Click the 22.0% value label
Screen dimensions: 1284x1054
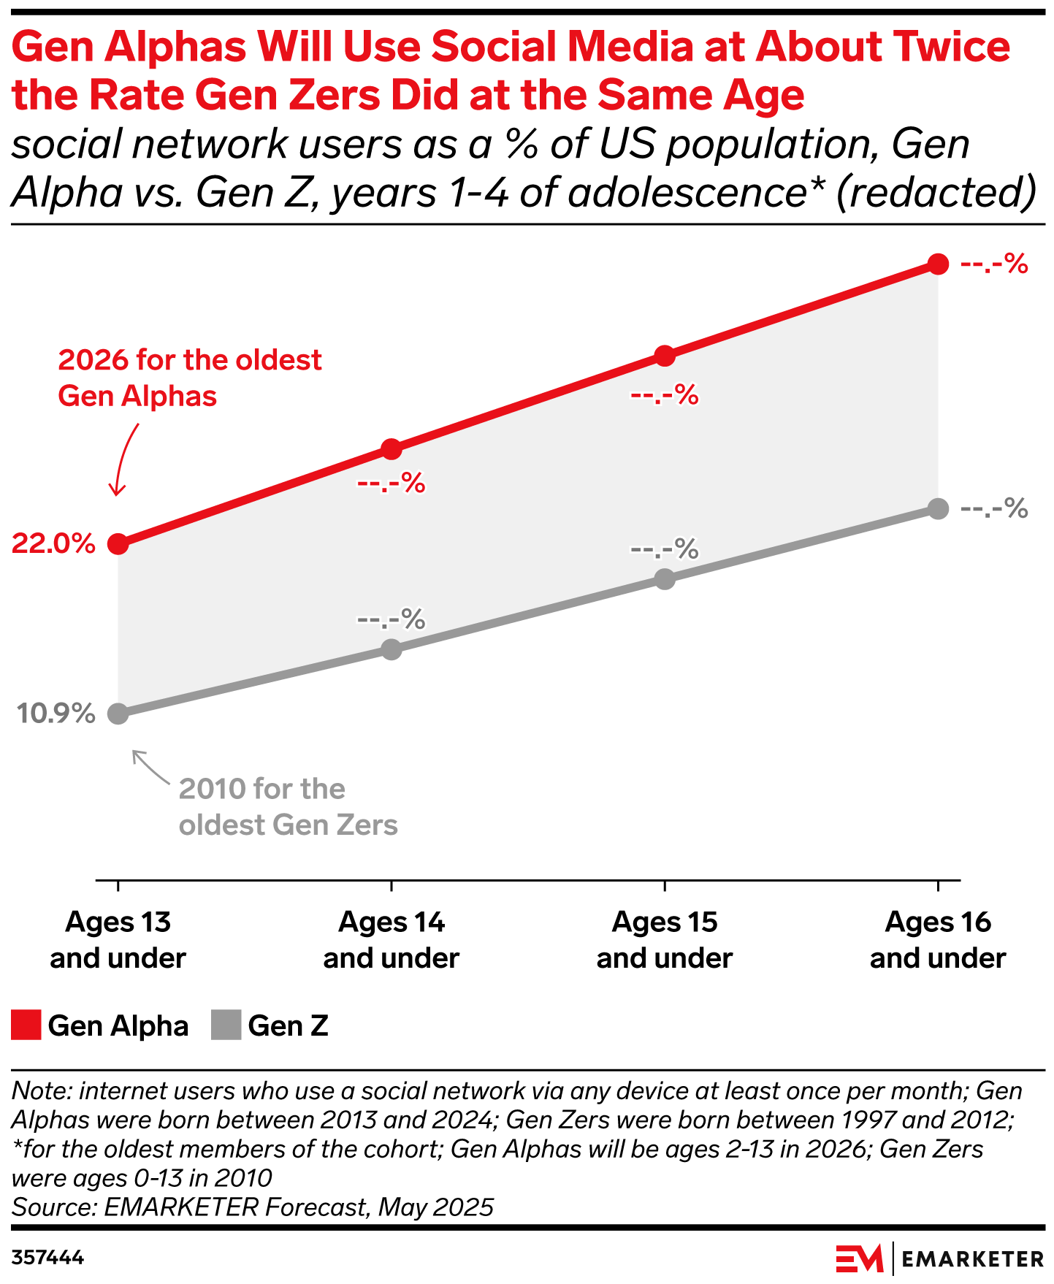53,544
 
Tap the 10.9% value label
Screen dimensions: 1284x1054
56,714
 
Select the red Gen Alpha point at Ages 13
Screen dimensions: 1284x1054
118,544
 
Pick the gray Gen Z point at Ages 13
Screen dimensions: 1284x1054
118,714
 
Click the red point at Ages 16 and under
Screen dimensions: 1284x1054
939,264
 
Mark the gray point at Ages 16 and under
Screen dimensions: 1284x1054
939,509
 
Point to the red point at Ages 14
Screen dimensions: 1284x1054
392,449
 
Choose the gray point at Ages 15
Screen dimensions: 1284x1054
665,579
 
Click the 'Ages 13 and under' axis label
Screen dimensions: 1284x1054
118,940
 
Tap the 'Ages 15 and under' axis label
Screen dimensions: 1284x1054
665,940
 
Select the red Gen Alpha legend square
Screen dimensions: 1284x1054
26,1025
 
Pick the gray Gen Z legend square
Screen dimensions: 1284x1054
226,1025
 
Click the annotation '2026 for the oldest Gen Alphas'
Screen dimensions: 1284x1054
189,378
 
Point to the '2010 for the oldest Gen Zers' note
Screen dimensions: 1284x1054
288,807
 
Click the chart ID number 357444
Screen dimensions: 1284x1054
47,1258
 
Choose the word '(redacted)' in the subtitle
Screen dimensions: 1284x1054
936,192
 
